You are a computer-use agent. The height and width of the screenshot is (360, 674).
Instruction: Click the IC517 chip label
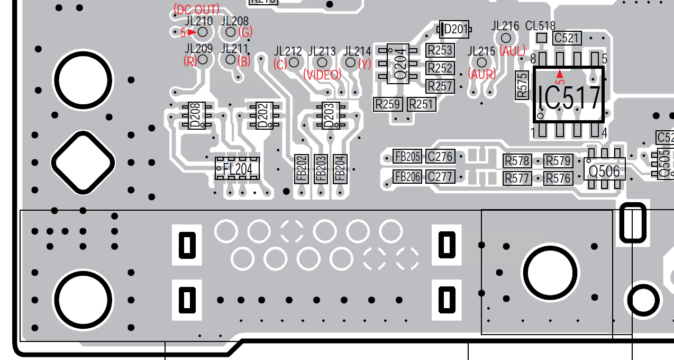(x=569, y=98)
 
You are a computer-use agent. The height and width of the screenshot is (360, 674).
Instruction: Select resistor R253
(x=440, y=50)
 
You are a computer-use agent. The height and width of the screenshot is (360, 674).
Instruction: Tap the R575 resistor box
(x=522, y=85)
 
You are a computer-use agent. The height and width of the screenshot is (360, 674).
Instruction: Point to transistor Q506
(x=604, y=171)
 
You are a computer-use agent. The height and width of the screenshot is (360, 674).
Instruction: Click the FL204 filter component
(x=237, y=168)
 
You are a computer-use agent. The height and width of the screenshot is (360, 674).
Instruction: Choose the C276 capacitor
(x=440, y=157)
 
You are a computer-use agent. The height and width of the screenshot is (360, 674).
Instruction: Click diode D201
(x=454, y=29)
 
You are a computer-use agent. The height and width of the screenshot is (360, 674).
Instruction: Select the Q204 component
(x=400, y=64)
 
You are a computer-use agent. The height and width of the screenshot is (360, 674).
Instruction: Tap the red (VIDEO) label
(x=322, y=75)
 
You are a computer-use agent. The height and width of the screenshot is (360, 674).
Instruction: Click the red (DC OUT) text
(x=196, y=10)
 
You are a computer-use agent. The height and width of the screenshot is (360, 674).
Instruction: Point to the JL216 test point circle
(x=506, y=38)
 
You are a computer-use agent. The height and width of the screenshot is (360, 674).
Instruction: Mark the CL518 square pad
(x=541, y=38)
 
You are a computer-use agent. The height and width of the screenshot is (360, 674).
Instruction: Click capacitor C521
(x=567, y=38)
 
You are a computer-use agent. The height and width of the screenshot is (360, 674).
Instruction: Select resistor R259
(x=388, y=104)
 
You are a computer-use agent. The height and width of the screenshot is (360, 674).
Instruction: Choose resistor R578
(x=517, y=161)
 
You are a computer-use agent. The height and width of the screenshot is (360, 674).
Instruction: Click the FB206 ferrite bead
(x=407, y=176)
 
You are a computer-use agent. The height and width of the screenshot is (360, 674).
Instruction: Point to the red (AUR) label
(x=482, y=75)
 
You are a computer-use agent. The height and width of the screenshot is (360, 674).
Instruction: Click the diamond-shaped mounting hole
(x=83, y=162)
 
